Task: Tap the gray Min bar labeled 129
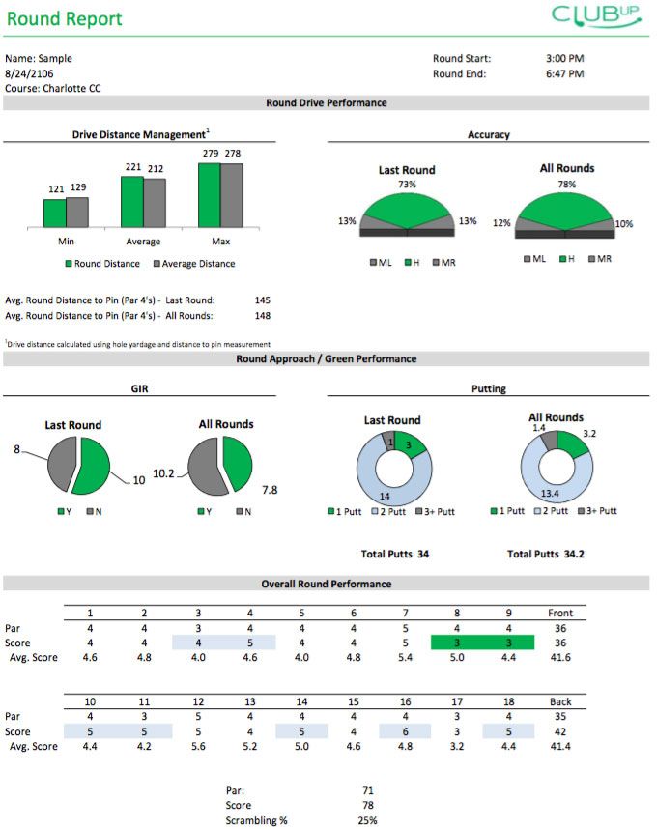point(77,212)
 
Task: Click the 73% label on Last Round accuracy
point(407,185)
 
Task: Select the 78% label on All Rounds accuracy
point(566,184)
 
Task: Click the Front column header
point(559,613)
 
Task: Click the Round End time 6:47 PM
point(565,73)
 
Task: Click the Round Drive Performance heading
point(327,102)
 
